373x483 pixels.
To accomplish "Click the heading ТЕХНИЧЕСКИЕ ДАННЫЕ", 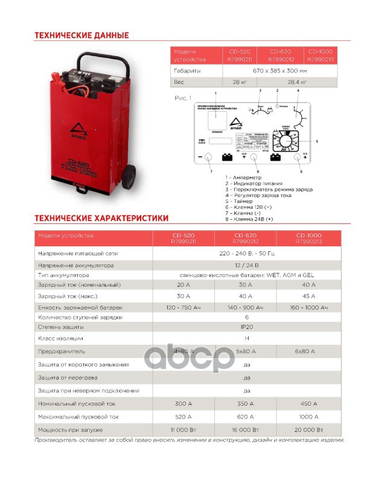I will point(81,36).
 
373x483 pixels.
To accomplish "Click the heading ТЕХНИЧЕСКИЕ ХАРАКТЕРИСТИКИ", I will point(101,218).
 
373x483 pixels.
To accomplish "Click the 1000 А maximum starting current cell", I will point(308,417).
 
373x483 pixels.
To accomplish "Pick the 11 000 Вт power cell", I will point(183,429).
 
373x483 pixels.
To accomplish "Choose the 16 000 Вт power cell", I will point(246,429).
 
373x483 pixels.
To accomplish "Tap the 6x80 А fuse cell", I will point(308,351).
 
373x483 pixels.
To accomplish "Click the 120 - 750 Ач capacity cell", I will point(183,308).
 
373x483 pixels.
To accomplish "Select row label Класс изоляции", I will point(60,338).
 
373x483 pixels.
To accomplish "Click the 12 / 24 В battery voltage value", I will point(246,265).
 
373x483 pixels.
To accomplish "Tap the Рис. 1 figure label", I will point(182,98).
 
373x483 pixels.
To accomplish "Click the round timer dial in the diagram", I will point(284,142).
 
